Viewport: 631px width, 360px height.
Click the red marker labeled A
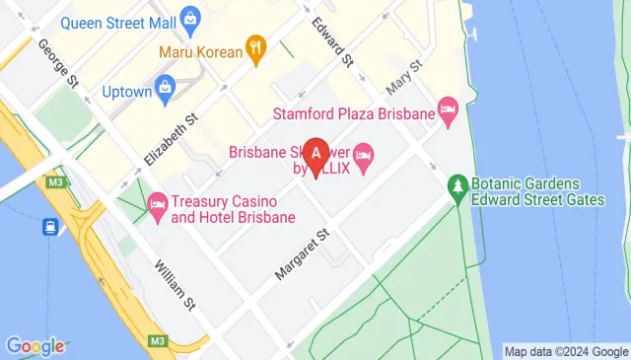315,154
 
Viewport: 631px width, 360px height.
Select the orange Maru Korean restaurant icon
256,47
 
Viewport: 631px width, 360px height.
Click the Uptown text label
127,93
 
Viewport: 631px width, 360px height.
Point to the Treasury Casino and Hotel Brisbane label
233,208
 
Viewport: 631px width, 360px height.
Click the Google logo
35,346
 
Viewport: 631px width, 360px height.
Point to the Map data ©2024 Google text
565,351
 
